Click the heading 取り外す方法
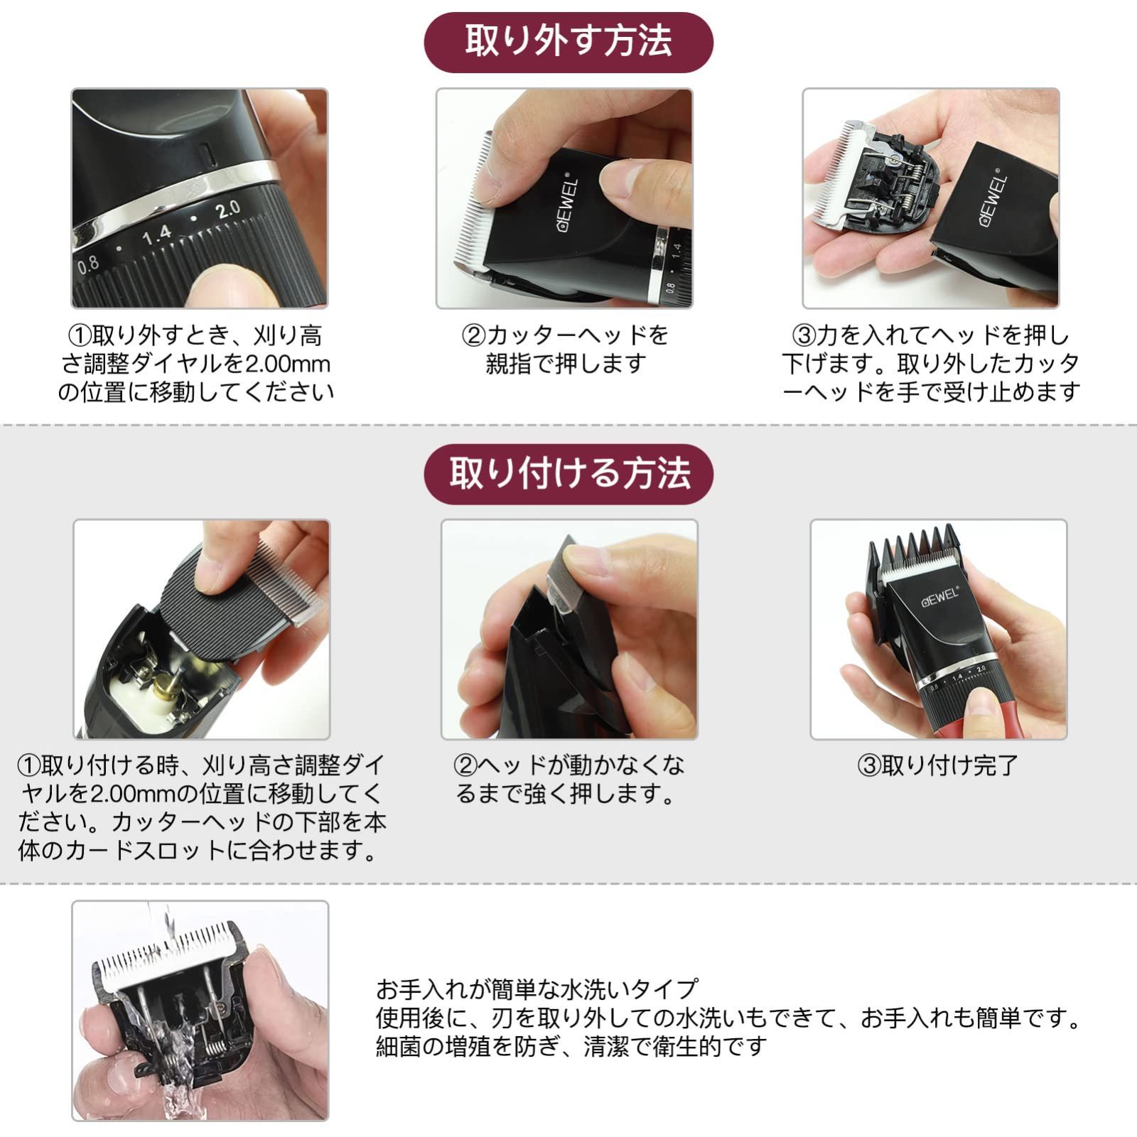[x=568, y=41]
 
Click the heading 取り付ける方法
[x=568, y=473]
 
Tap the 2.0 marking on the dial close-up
[x=228, y=210]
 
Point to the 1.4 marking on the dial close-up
[x=157, y=234]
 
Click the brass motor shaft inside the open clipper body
[x=165, y=688]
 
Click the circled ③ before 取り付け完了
[x=869, y=766]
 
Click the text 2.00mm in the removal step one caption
[x=287, y=365]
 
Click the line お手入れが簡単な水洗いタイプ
[x=537, y=988]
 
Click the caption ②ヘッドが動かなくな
[x=568, y=766]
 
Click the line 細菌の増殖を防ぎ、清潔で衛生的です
[x=572, y=1045]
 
